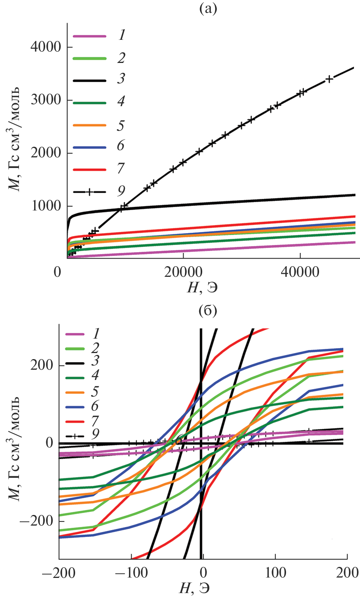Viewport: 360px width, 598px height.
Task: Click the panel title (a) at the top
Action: click(208, 9)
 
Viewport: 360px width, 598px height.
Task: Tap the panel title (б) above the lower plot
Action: click(208, 311)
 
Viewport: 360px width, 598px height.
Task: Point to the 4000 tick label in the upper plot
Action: click(46, 47)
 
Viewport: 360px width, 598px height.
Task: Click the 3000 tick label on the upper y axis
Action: click(46, 100)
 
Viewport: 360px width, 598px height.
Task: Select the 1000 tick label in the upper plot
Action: click(46, 206)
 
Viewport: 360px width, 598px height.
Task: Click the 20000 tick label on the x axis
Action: click(183, 272)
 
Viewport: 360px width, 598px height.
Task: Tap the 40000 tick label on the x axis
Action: click(300, 272)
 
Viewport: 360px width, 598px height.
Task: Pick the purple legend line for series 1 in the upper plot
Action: click(90, 36)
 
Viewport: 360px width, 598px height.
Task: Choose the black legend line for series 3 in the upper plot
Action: click(90, 80)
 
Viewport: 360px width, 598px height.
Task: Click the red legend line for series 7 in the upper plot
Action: click(90, 170)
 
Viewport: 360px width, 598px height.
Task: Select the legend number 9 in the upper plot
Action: click(121, 191)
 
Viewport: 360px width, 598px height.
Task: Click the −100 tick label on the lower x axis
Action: click(131, 573)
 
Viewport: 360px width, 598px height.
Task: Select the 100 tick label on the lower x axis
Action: click(275, 573)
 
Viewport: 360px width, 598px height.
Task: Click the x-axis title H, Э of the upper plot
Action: click(202, 288)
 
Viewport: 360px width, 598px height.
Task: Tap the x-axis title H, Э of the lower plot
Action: click(194, 588)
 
